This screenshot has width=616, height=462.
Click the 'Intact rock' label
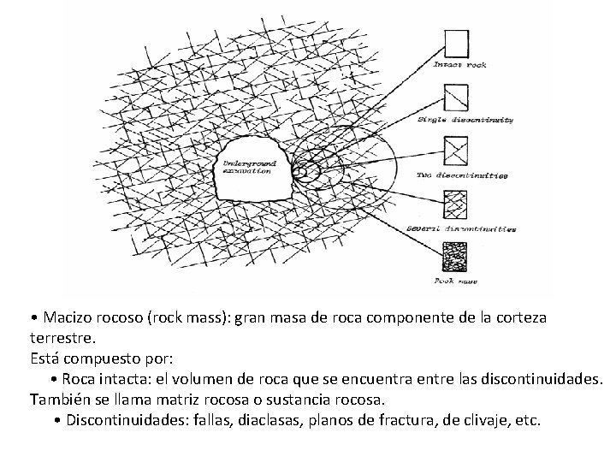pyautogui.click(x=460, y=65)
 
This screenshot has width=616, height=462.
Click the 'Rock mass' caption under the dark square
pyautogui.click(x=457, y=281)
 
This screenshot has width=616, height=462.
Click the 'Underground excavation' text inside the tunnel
pyautogui.click(x=248, y=167)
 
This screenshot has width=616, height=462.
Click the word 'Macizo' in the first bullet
pyautogui.click(x=68, y=317)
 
